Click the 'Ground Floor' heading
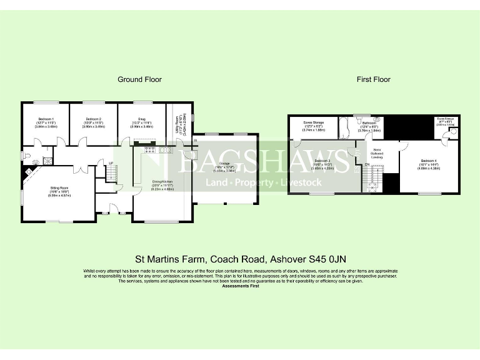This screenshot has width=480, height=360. click(139, 79)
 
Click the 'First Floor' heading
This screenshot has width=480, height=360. click(373, 79)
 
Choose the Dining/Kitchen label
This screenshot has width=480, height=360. click(157, 183)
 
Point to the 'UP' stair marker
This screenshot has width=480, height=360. click(111, 164)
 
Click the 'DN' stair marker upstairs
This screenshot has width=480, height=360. click(367, 164)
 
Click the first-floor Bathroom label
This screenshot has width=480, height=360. click(367, 124)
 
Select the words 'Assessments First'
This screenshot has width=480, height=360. click(240, 286)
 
